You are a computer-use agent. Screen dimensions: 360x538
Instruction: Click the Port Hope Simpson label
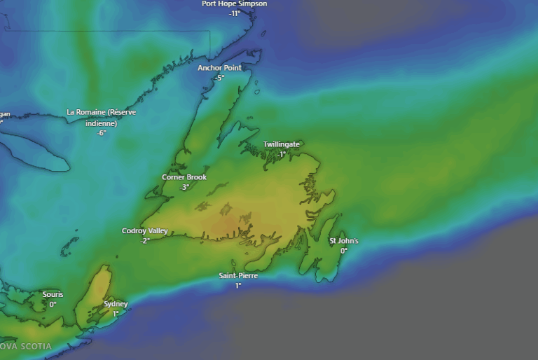(x=234, y=4)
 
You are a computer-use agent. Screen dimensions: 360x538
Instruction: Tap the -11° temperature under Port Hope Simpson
(x=234, y=13)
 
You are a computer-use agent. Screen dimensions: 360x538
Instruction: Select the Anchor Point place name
(x=219, y=68)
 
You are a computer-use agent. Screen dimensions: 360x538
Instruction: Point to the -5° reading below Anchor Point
(x=219, y=78)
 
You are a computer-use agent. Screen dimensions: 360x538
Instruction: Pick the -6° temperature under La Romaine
(x=102, y=132)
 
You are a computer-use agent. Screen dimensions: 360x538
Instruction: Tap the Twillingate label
(x=282, y=144)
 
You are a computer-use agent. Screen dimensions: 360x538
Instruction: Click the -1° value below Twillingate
(x=281, y=154)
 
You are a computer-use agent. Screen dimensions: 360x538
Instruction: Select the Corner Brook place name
(x=184, y=177)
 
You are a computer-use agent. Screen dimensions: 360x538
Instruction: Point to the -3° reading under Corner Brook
(x=184, y=187)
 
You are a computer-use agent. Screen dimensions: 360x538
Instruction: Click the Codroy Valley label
(x=145, y=230)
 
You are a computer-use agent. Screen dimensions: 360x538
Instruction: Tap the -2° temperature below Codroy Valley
(x=145, y=240)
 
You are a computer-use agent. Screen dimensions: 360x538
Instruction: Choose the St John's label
(x=344, y=241)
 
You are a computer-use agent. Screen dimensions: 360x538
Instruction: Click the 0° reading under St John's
(x=344, y=251)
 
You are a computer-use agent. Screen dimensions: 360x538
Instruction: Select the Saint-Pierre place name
(x=238, y=276)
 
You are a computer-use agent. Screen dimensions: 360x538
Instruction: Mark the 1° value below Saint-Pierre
(x=238, y=286)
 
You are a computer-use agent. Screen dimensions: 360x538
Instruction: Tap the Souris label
(x=53, y=295)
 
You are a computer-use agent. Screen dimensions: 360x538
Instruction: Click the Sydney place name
(x=116, y=304)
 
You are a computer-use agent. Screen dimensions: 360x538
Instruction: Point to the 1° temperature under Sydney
(x=116, y=313)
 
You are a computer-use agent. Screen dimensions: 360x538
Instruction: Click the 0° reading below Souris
(x=53, y=304)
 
